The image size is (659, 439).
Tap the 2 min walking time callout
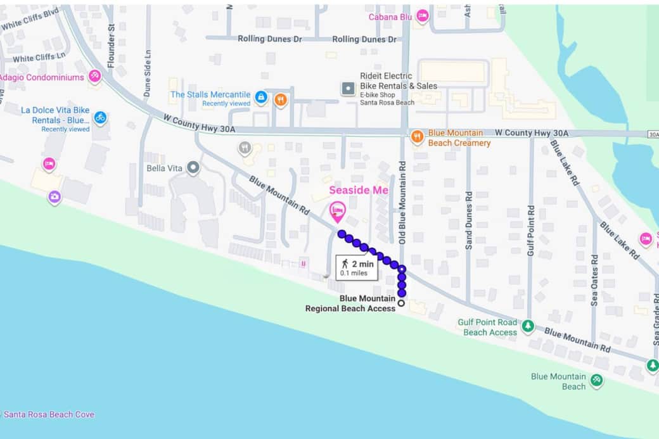tap(357, 268)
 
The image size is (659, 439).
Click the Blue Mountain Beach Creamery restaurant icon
tap(417, 136)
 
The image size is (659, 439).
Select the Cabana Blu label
tap(390, 16)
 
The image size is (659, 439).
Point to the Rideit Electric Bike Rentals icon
tap(348, 89)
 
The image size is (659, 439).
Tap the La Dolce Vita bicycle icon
tap(99, 118)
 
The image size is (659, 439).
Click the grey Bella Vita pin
tap(193, 168)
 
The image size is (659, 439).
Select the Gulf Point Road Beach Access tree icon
tap(528, 326)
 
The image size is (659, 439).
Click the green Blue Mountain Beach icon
tap(596, 381)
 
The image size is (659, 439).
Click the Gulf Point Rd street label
tap(531, 230)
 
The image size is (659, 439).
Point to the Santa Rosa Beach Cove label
tap(49, 414)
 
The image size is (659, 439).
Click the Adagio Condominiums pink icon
tap(94, 77)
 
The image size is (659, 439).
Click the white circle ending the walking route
tap(401, 303)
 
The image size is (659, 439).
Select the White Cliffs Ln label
tap(39, 58)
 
